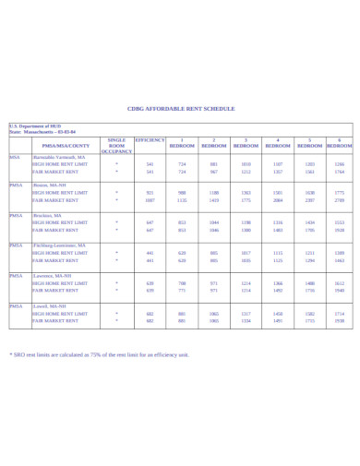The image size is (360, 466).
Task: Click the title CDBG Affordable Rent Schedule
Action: [x=180, y=108]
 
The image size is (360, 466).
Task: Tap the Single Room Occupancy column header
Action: [x=116, y=144]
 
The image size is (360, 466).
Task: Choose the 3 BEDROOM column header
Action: [x=246, y=143]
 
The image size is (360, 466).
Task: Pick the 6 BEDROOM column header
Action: [x=340, y=143]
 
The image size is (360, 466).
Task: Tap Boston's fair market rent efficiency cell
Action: [x=150, y=200]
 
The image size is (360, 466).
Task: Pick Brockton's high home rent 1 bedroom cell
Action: [x=182, y=222]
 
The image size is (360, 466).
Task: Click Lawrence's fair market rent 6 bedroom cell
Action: [x=340, y=290]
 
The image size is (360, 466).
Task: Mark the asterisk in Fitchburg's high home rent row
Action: [x=116, y=253]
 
